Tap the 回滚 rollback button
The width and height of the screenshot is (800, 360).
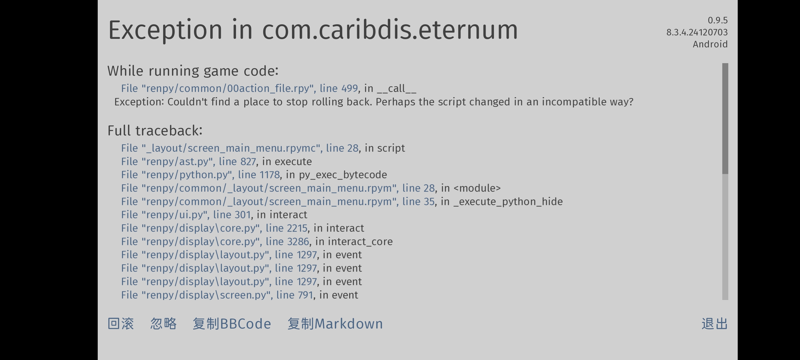(121, 324)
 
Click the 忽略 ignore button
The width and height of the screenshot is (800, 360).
(163, 324)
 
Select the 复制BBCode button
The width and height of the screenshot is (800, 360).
(232, 324)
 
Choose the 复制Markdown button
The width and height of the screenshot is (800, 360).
(335, 324)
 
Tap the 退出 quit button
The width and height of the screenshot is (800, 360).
(715, 324)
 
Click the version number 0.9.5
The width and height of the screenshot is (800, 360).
(718, 20)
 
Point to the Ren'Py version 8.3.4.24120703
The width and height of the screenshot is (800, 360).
(697, 32)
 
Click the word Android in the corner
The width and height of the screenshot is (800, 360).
(710, 44)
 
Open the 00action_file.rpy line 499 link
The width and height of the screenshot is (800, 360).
(239, 89)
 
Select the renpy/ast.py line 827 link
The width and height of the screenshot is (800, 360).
(189, 161)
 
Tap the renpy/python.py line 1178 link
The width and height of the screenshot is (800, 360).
(200, 175)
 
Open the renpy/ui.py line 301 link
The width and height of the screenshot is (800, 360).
(186, 215)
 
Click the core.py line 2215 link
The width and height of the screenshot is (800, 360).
(214, 228)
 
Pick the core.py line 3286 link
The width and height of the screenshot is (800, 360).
(215, 241)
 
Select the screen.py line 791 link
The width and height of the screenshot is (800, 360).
(217, 295)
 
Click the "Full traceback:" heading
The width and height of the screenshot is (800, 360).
(155, 131)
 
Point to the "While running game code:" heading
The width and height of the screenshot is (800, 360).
(193, 71)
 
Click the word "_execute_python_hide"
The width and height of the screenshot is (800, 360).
(508, 202)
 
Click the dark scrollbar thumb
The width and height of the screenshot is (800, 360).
(725, 118)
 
